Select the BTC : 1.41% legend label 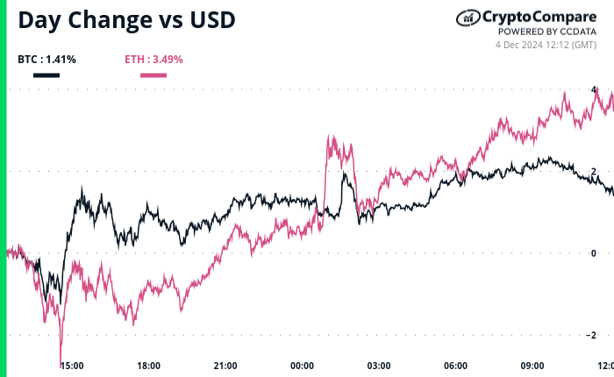tap(46, 60)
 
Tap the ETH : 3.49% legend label tap(153, 60)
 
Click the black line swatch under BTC tap(46, 75)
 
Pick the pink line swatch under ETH tap(153, 75)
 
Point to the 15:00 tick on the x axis tap(72, 365)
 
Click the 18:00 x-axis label tap(148, 365)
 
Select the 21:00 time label tap(225, 365)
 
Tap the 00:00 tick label tap(303, 365)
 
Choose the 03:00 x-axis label tap(379, 365)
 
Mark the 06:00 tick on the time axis tap(455, 365)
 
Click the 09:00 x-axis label tap(532, 365)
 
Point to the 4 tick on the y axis tap(595, 89)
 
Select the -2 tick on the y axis tap(593, 335)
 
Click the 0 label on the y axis tap(595, 253)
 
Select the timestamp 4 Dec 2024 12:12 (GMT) tap(546, 45)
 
